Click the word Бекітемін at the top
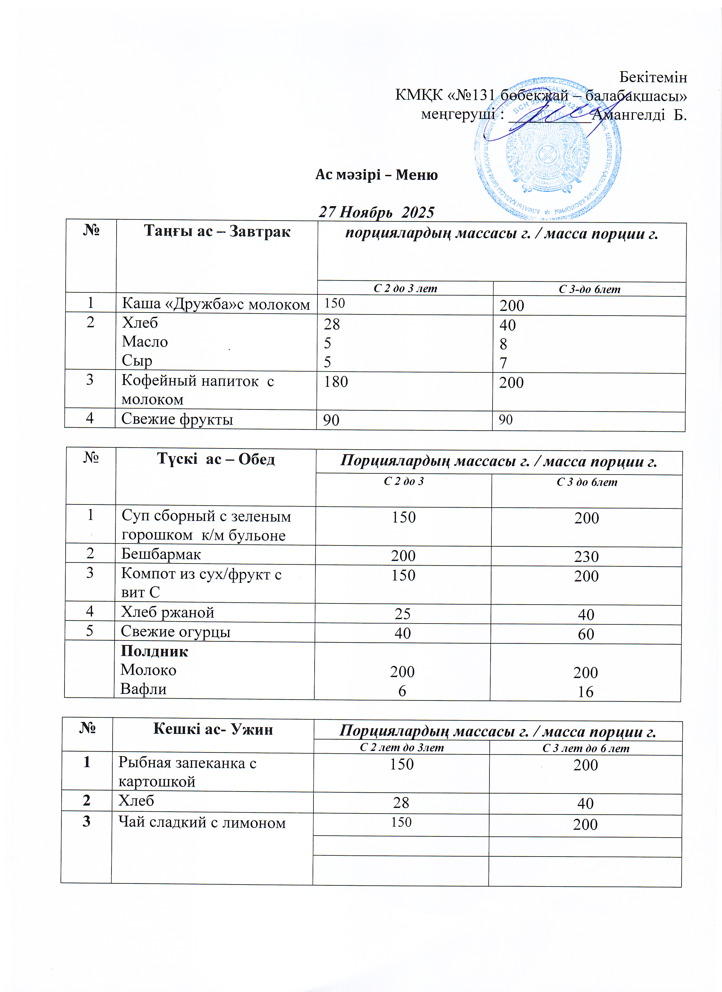coord(653,77)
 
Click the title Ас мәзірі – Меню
coord(376,175)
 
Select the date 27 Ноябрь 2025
coord(376,212)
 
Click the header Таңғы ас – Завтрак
coord(217,231)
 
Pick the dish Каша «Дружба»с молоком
coord(216,304)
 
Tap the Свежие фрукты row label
coord(177,419)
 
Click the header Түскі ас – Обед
coord(216,459)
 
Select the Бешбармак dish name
coord(161,554)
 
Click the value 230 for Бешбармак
coord(586,556)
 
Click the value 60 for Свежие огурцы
coord(585,634)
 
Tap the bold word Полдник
coord(154,651)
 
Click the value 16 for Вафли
coord(585,691)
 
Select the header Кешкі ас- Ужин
coord(213,729)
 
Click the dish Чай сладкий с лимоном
coord(202,822)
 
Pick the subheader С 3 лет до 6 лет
coord(585,748)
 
